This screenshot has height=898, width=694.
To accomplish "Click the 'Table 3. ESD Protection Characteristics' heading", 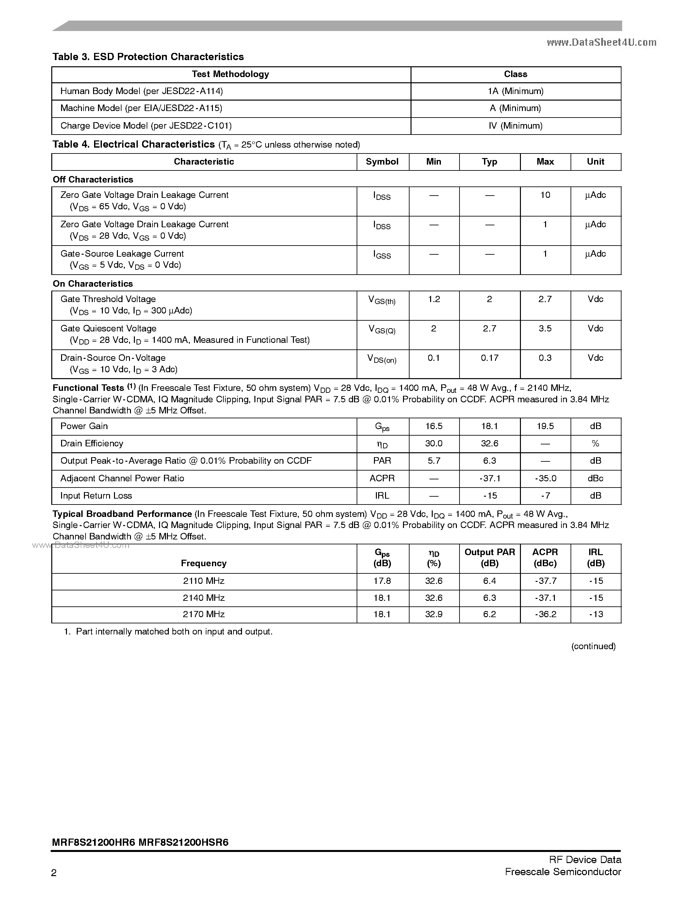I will (x=148, y=57).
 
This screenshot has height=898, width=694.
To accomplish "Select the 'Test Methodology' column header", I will (x=230, y=74).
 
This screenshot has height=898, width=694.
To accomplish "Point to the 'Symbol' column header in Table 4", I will (x=382, y=162).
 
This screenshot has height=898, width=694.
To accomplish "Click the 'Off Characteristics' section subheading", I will (x=93, y=180).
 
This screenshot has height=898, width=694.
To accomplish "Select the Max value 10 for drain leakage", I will (x=545, y=195).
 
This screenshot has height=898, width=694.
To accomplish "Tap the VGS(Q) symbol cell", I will (x=382, y=329).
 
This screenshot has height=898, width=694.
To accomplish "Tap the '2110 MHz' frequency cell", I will (x=203, y=581).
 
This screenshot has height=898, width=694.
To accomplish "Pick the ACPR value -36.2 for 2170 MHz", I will (x=545, y=614).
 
